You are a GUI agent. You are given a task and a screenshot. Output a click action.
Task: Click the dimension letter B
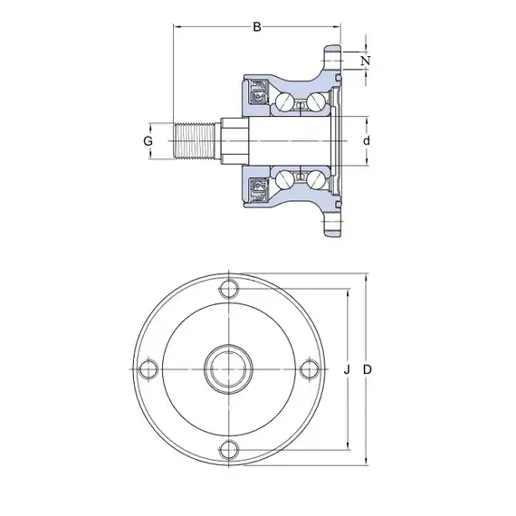(257, 26)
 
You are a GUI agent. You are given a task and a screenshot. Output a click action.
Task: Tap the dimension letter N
(366, 61)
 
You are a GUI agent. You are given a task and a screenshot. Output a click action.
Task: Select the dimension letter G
(148, 141)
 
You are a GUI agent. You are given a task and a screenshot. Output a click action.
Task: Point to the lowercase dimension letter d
(367, 141)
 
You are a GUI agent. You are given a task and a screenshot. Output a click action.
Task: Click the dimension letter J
(347, 370)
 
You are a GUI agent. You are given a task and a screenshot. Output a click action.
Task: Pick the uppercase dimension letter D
(368, 370)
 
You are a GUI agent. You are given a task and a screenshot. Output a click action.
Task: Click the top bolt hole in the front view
(229, 289)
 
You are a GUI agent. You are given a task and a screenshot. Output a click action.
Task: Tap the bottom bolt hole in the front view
(229, 450)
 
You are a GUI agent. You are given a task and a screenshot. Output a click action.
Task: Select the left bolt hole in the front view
(148, 369)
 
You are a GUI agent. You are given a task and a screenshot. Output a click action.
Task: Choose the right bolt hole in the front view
(310, 369)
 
